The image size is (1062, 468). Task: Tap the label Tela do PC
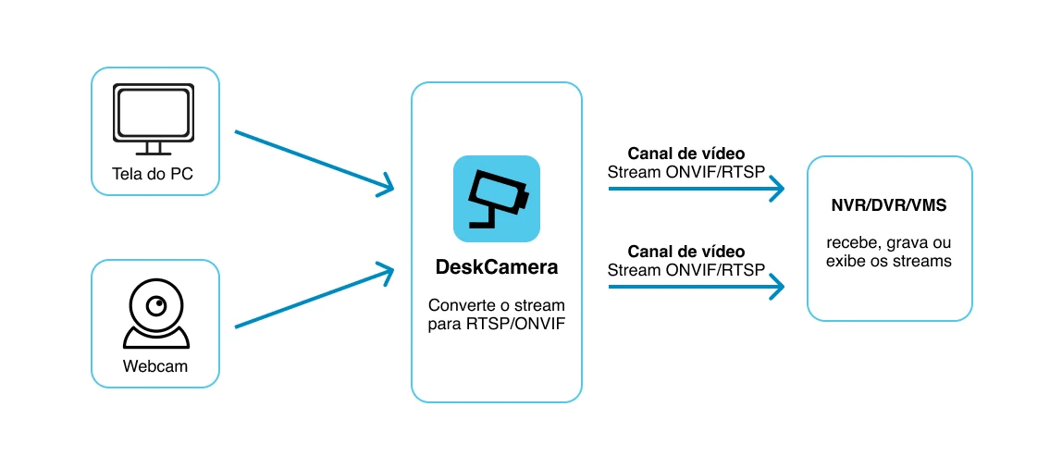[x=153, y=174]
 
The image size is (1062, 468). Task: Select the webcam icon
[x=155, y=314]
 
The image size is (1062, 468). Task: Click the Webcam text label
[x=155, y=366]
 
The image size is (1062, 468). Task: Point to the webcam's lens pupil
[x=158, y=307]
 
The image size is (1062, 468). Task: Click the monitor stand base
[x=154, y=154]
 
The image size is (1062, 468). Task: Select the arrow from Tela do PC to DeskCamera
[x=314, y=163]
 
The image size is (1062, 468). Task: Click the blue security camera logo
[x=497, y=199]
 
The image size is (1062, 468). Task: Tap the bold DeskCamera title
[x=497, y=267]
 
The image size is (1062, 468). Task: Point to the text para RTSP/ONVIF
[x=497, y=325]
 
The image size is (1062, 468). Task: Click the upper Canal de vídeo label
[x=686, y=153]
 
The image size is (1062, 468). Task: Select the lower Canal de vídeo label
[x=686, y=252]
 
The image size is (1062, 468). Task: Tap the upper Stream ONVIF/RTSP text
[x=686, y=171]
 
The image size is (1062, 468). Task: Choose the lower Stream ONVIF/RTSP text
[x=686, y=270]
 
